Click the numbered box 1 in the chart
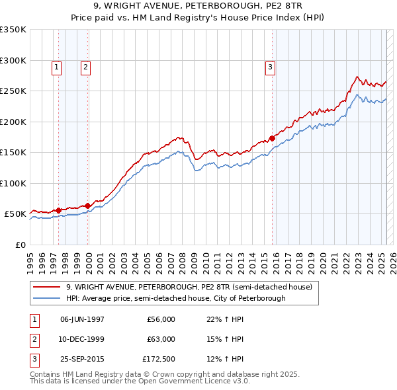pos(57,66)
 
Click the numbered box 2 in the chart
pos(86,66)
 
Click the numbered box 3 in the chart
pos(271,66)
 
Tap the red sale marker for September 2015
pos(272,139)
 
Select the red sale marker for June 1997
pos(58,210)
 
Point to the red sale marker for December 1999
pos(88,206)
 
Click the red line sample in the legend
pos(47,288)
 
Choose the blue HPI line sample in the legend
pos(47,299)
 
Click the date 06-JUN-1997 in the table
pos(82,319)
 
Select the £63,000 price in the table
pos(161,339)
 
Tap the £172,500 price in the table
pos(159,359)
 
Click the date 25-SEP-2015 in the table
pos(82,359)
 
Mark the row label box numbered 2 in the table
pos(33,339)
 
